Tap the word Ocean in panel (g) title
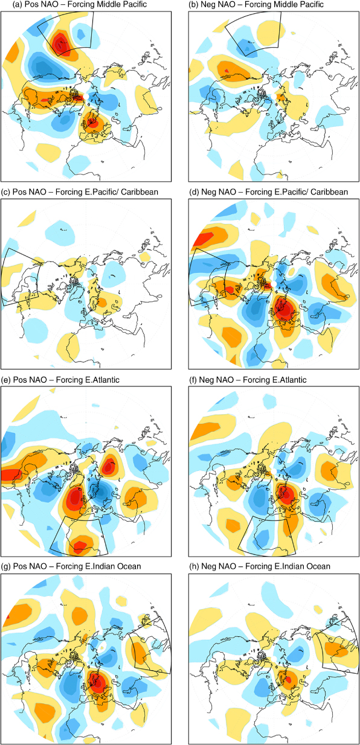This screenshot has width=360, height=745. [130, 566]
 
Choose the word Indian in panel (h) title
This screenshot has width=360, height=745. [298, 566]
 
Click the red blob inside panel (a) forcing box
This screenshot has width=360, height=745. [60, 43]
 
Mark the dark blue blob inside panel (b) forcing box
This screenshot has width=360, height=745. [246, 49]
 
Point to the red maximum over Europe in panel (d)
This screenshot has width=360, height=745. [284, 309]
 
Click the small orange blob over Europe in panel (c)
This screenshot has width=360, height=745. [101, 302]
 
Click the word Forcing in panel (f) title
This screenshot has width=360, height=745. [256, 380]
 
